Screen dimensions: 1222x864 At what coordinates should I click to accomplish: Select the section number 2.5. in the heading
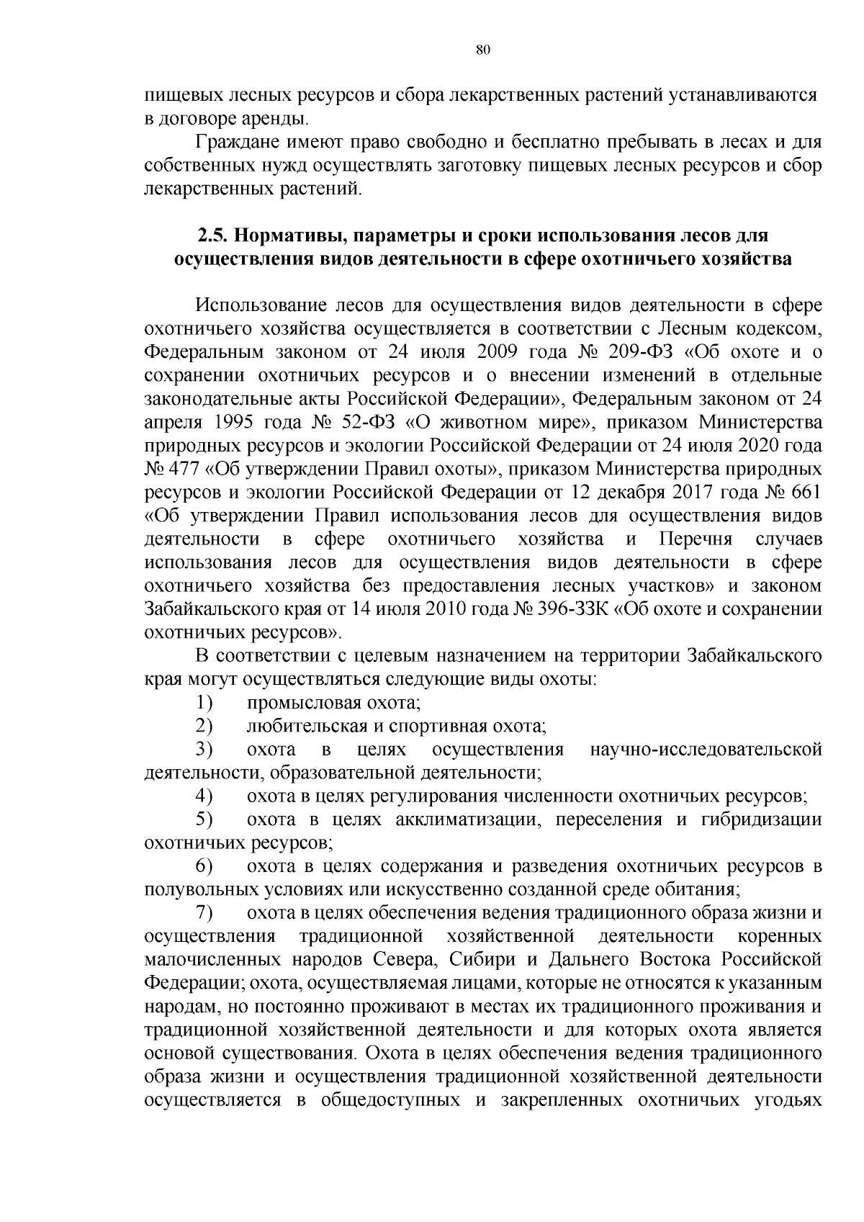tap(214, 235)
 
